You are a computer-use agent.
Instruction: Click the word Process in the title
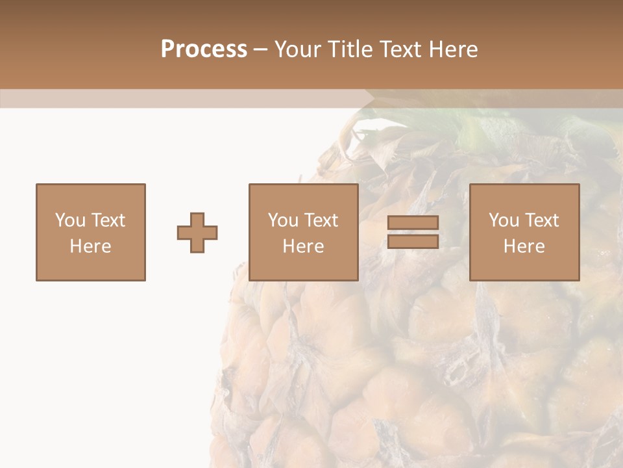[204, 49]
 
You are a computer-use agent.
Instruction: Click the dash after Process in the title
[260, 49]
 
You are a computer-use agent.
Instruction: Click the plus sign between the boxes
[197, 233]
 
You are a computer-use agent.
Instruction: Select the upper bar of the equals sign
[413, 223]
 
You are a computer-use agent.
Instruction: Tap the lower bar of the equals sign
[413, 241]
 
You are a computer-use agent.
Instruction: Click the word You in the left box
[71, 220]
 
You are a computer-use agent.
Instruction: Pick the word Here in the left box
[90, 246]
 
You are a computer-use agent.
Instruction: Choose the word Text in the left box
[108, 220]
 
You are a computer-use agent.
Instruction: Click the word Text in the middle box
[321, 220]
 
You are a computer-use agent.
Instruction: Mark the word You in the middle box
[284, 220]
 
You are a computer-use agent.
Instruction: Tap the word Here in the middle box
[303, 246]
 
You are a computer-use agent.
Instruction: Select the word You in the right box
[504, 220]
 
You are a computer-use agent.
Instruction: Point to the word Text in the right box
[542, 220]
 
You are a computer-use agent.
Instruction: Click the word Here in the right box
[524, 246]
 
